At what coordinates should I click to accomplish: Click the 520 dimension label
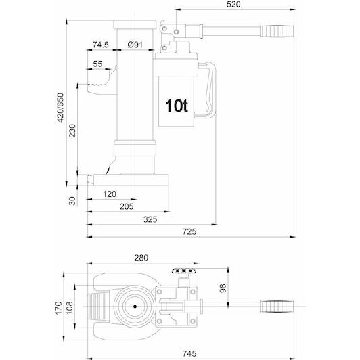(x=233, y=4)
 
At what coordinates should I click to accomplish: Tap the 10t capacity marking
(x=177, y=106)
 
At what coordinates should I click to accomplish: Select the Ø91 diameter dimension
(x=135, y=45)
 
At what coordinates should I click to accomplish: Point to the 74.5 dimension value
(x=101, y=45)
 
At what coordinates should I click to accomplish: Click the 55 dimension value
(x=97, y=64)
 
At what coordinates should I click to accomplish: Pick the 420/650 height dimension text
(x=60, y=108)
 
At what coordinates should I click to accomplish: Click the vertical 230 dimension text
(x=72, y=131)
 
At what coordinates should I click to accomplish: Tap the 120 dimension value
(x=110, y=194)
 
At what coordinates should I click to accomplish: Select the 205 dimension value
(x=127, y=206)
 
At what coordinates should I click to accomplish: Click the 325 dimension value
(x=150, y=219)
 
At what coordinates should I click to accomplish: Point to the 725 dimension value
(x=189, y=231)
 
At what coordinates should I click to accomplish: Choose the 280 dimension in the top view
(x=141, y=258)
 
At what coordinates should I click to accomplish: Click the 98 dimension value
(x=223, y=288)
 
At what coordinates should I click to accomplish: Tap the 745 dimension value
(x=189, y=353)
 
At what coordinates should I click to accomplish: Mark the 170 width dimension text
(x=59, y=308)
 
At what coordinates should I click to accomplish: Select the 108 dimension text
(x=69, y=308)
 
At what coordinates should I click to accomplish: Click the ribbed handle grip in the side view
(x=277, y=31)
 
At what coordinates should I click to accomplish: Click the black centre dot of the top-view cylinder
(x=135, y=307)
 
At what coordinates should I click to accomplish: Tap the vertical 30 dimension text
(x=72, y=201)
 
